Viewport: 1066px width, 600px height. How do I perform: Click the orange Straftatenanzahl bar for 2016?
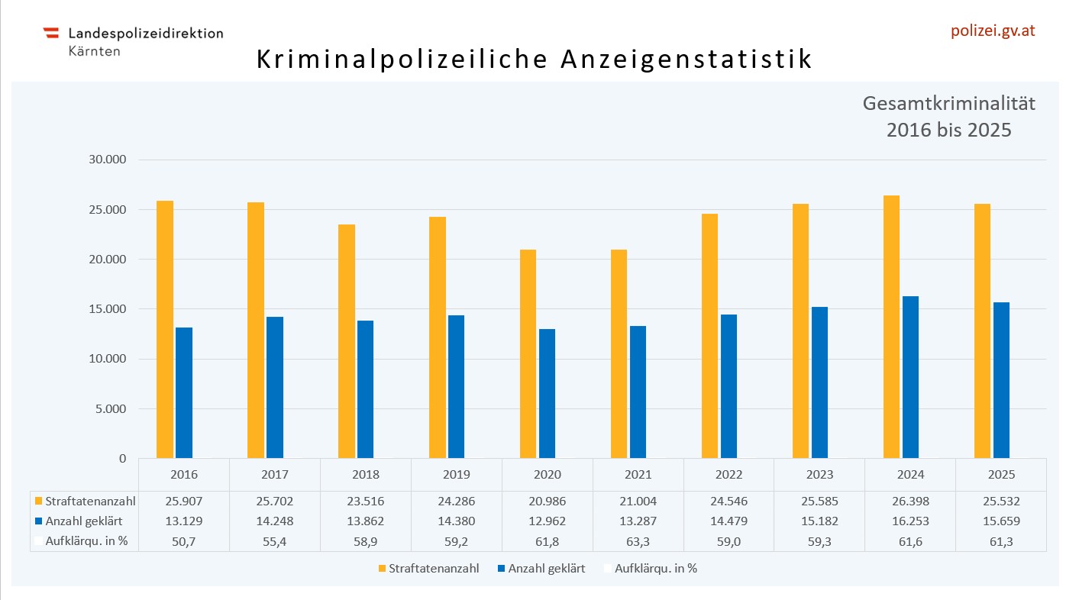pyautogui.click(x=165, y=329)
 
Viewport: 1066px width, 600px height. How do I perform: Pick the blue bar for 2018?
pyautogui.click(x=366, y=389)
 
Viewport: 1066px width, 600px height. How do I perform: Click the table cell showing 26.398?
pyautogui.click(x=910, y=502)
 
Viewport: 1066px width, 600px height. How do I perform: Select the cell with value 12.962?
pyautogui.click(x=547, y=521)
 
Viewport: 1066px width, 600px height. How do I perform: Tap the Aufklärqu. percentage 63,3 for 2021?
pyautogui.click(x=638, y=540)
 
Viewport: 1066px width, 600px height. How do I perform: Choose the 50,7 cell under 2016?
pyautogui.click(x=183, y=540)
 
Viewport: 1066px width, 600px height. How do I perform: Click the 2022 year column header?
pyautogui.click(x=728, y=474)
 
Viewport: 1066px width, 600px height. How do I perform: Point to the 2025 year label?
pyautogui.click(x=1001, y=474)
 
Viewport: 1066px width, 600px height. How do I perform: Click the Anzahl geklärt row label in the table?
pyautogui.click(x=84, y=521)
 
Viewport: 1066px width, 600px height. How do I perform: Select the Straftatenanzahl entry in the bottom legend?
pyautogui.click(x=428, y=569)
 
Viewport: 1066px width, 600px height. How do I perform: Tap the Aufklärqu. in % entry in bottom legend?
pyautogui.click(x=650, y=569)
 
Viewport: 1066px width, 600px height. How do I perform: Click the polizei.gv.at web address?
pyautogui.click(x=992, y=31)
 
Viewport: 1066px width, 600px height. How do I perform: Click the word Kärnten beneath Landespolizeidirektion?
pyautogui.click(x=94, y=51)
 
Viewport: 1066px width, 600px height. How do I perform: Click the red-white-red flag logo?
pyautogui.click(x=51, y=33)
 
